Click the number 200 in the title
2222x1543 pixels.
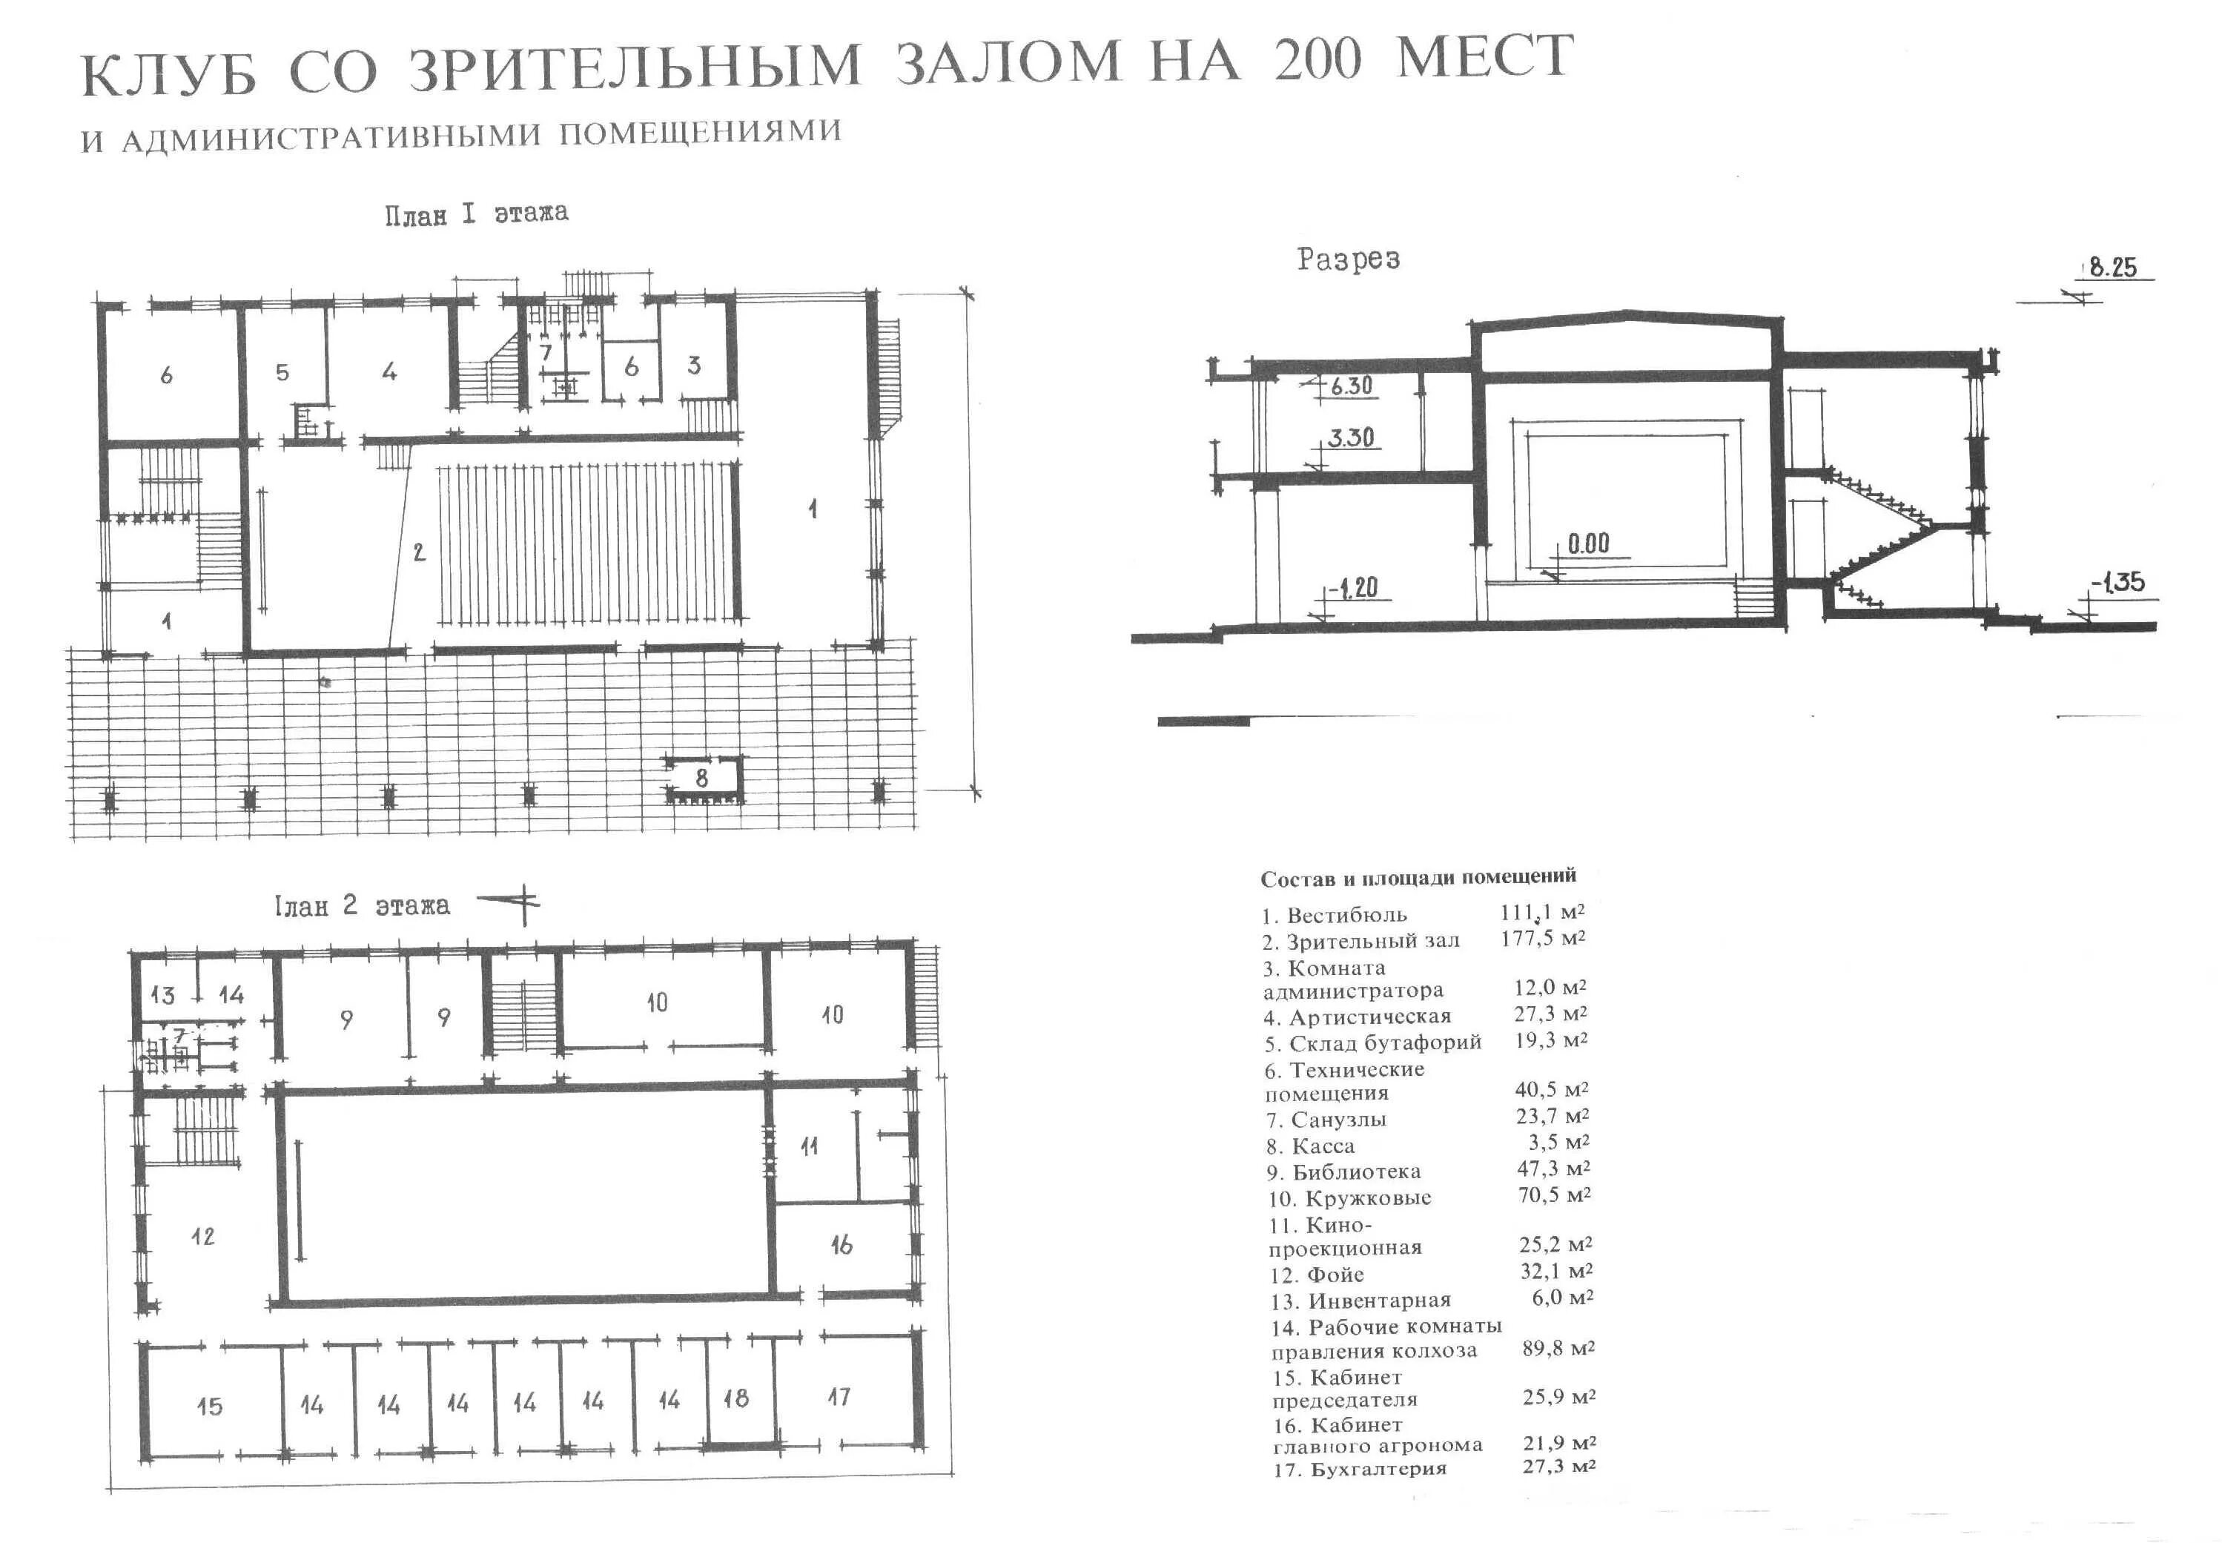coord(1317,61)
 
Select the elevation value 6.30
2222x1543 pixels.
coord(1350,386)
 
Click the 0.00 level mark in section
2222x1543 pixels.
coord(1588,543)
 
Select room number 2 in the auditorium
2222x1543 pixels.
coord(418,553)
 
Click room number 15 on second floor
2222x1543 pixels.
coord(209,1406)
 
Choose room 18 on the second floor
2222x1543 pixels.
coord(735,1398)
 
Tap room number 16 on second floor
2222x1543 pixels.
coord(841,1245)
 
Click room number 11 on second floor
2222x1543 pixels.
coord(809,1146)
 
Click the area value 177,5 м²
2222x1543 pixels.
coord(1543,938)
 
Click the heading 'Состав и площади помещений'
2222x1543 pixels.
coord(1418,877)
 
